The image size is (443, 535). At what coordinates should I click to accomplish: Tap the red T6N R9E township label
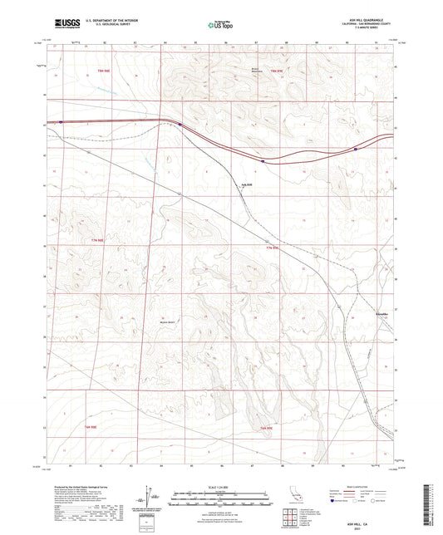267,426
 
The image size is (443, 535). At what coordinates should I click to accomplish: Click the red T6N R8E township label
109,426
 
